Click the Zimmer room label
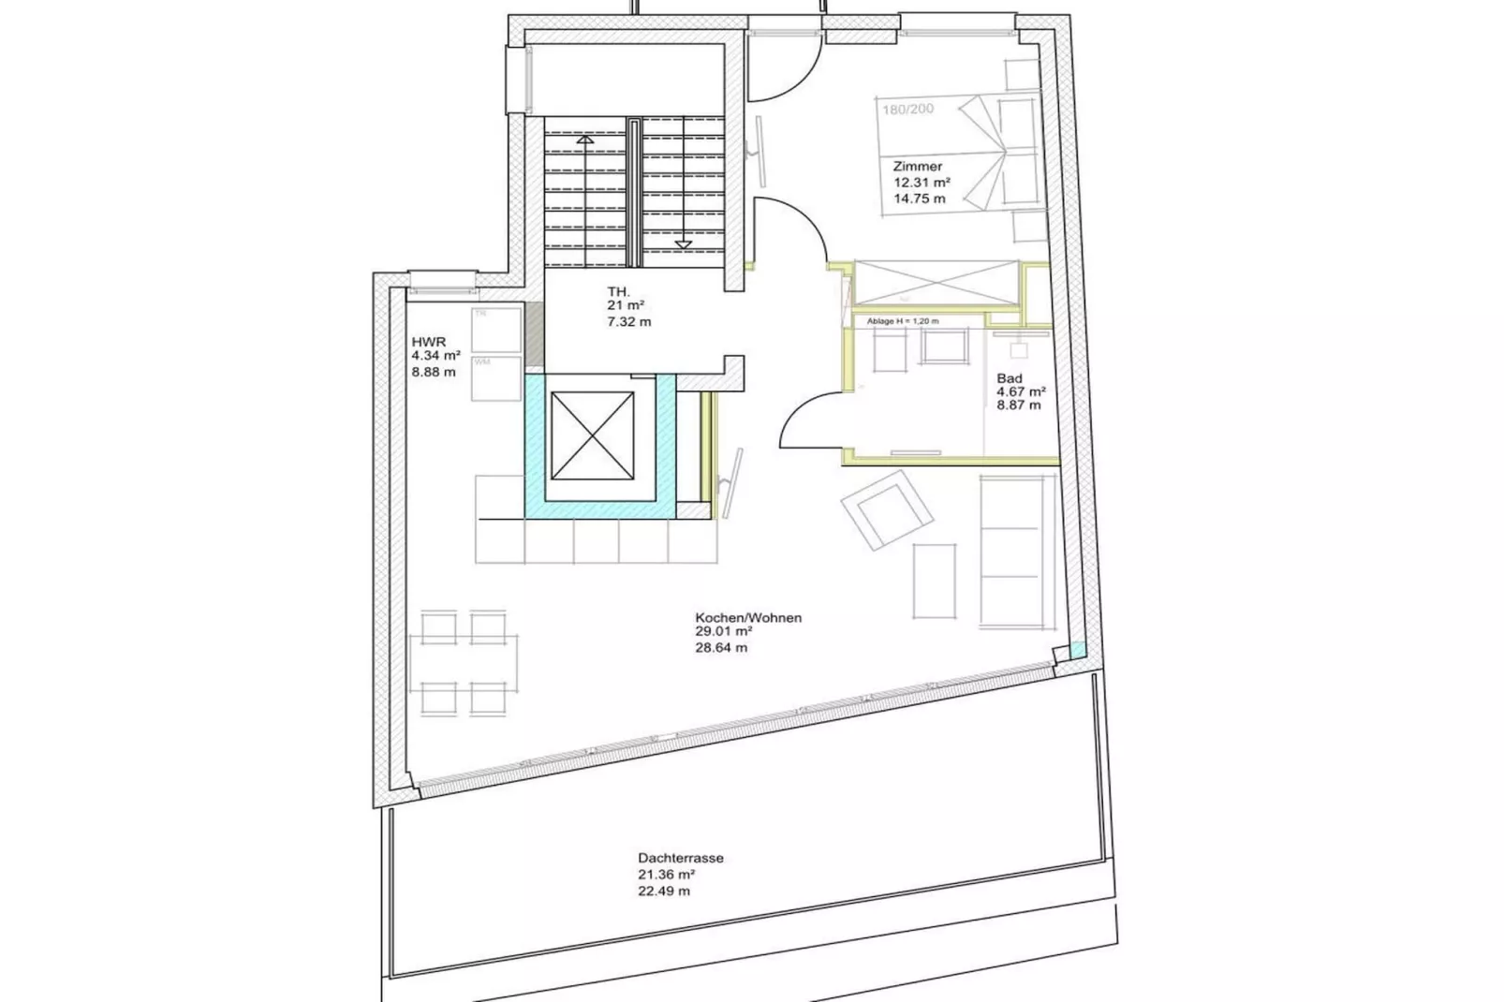pos(917,167)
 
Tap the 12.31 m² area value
pos(922,183)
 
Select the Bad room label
pos(1009,378)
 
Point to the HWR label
pos(428,342)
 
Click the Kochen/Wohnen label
pos(747,618)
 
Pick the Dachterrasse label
pos(680,858)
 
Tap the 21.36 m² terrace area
pos(666,875)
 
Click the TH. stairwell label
pos(618,292)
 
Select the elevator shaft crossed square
pos(592,435)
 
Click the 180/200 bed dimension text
pos(907,110)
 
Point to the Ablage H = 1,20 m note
pos(902,321)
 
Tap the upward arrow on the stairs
pos(585,140)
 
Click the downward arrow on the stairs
pos(684,244)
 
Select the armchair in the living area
pos(886,509)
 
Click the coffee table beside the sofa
pos(934,581)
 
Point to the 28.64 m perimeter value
pos(721,648)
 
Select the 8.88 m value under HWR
pos(434,372)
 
